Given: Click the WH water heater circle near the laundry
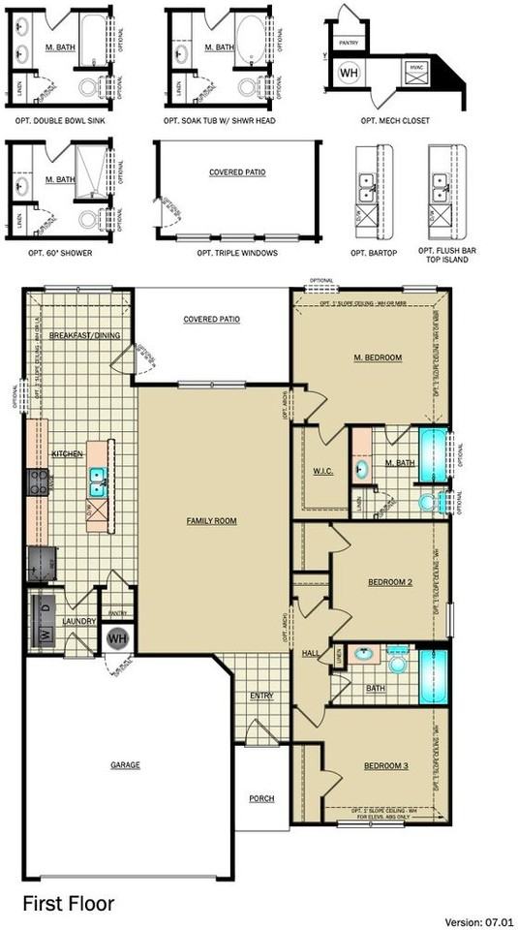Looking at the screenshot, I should tap(117, 639).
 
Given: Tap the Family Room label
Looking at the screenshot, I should tap(211, 521).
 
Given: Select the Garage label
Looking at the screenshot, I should tap(124, 764).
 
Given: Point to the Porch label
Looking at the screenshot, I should tap(261, 798).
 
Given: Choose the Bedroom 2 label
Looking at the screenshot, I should tap(391, 582).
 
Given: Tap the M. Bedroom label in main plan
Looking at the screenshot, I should tap(378, 358).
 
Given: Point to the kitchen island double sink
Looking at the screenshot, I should tap(98, 476).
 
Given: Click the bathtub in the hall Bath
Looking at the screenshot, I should tap(433, 675).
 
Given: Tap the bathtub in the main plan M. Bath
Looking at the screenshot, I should tap(433, 452).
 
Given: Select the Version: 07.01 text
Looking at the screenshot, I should tap(477, 920).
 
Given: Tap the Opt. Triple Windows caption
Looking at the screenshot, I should tap(237, 253).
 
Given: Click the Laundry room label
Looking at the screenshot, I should tap(76, 621).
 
